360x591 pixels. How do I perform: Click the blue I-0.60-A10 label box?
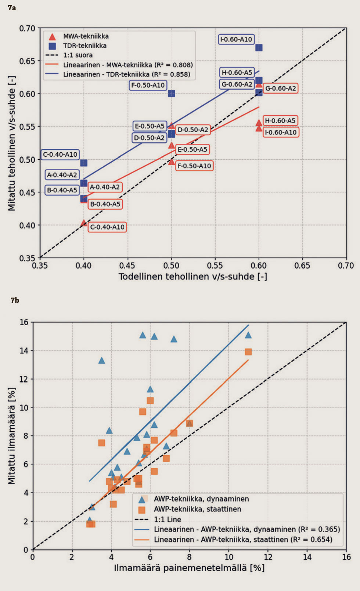click(x=236, y=39)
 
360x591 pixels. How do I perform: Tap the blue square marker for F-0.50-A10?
click(x=172, y=94)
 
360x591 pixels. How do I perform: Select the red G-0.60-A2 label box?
click(x=280, y=88)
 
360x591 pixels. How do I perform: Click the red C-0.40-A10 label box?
click(x=107, y=227)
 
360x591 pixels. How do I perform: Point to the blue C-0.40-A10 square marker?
click(x=84, y=163)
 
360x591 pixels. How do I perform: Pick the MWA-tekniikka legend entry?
click(x=86, y=36)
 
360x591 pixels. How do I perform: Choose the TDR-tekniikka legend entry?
click(x=84, y=46)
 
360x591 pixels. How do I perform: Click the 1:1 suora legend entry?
click(x=78, y=55)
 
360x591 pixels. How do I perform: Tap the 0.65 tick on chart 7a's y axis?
click(x=27, y=61)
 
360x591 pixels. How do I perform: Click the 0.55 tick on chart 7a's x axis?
click(x=215, y=265)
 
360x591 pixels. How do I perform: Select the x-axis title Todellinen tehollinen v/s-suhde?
click(x=192, y=276)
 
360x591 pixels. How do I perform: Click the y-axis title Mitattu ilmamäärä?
click(x=12, y=436)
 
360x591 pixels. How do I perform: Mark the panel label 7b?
click(x=15, y=300)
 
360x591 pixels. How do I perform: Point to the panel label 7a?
click(x=12, y=8)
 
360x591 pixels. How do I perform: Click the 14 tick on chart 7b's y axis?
click(x=24, y=351)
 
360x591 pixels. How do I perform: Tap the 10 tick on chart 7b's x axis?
click(x=229, y=557)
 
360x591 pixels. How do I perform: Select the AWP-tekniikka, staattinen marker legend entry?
click(x=197, y=509)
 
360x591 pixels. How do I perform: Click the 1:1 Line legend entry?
click(x=167, y=519)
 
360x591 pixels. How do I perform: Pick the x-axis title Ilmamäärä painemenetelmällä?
click(x=189, y=568)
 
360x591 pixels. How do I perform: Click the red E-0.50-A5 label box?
click(x=192, y=149)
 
